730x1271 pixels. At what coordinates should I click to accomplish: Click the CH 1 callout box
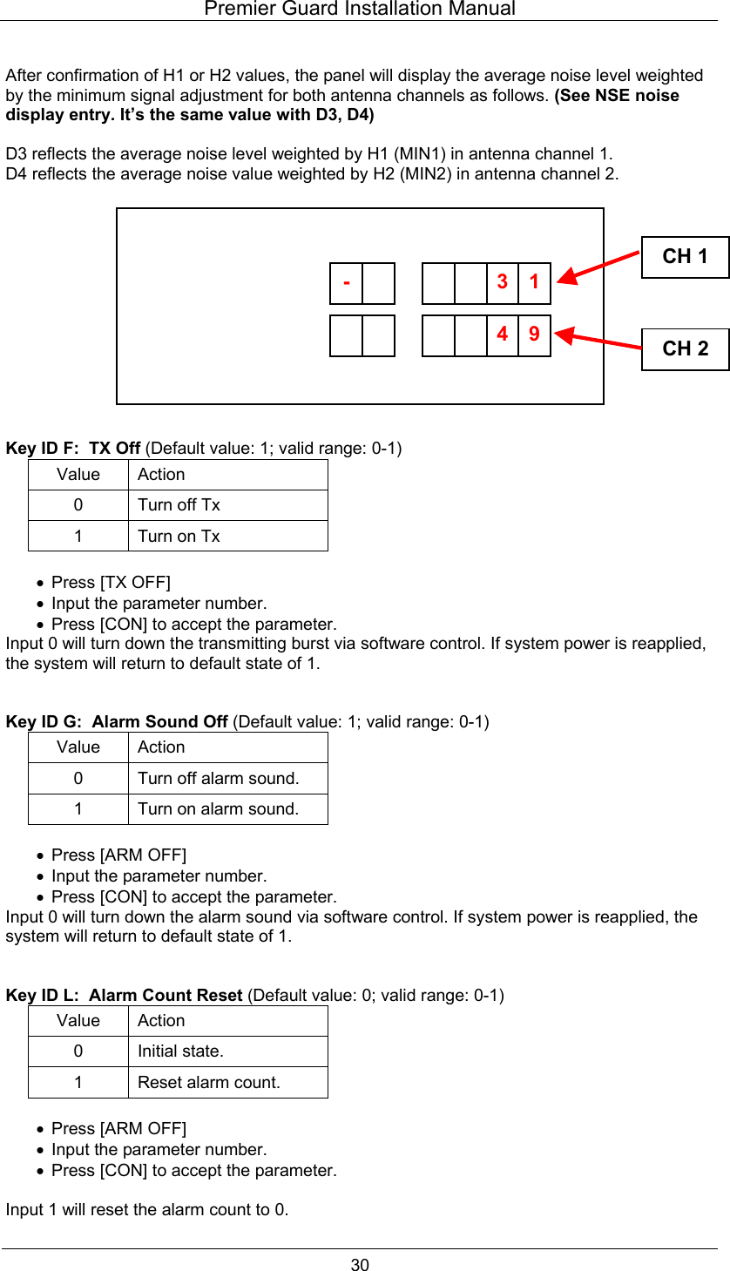click(x=685, y=257)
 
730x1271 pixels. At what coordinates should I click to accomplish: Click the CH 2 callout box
click(x=685, y=348)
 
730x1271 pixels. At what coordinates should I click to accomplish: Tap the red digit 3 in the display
click(x=503, y=282)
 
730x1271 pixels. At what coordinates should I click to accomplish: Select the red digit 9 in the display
click(x=534, y=335)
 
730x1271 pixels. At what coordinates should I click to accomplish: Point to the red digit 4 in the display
click(x=503, y=335)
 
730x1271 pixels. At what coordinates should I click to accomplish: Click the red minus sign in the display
click(x=347, y=282)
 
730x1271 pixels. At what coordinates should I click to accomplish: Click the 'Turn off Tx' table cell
click(x=179, y=505)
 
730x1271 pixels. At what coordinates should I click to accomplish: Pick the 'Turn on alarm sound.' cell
click(x=218, y=809)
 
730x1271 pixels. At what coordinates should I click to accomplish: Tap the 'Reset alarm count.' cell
click(x=209, y=1083)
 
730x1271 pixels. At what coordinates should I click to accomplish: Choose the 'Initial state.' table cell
click(x=180, y=1051)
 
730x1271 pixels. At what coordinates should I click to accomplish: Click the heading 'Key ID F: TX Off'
click(x=73, y=449)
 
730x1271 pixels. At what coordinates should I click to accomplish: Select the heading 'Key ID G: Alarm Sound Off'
click(x=117, y=722)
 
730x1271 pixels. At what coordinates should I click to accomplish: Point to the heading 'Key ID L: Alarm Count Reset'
click(x=124, y=995)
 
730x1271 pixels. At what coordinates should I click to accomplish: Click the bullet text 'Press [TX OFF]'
click(x=111, y=582)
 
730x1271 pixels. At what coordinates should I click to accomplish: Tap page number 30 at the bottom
click(x=360, y=1265)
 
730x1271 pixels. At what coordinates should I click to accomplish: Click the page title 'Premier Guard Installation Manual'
click(x=360, y=10)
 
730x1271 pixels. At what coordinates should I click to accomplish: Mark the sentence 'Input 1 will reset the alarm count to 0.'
click(x=147, y=1210)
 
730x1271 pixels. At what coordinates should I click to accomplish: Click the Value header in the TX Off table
click(x=78, y=475)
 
